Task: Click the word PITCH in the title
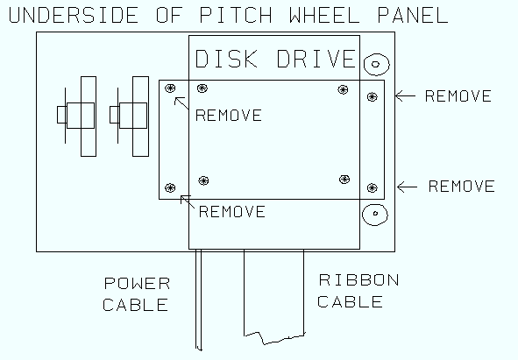236,15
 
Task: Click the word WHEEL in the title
325,15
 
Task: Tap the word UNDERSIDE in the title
74,15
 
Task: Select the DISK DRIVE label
275,59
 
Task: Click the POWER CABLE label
136,294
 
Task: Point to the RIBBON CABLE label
358,291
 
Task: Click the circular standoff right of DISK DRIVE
376,64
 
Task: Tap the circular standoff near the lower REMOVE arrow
375,215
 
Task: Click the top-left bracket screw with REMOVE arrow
170,88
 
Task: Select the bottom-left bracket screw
170,188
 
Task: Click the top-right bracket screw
373,96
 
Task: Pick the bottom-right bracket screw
373,188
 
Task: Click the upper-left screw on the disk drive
202,88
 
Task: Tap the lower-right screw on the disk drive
344,180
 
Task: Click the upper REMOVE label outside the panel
458,96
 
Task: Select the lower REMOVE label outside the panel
462,187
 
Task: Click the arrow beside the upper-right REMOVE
405,96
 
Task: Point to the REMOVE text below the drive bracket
232,212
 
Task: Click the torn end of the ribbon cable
274,338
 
